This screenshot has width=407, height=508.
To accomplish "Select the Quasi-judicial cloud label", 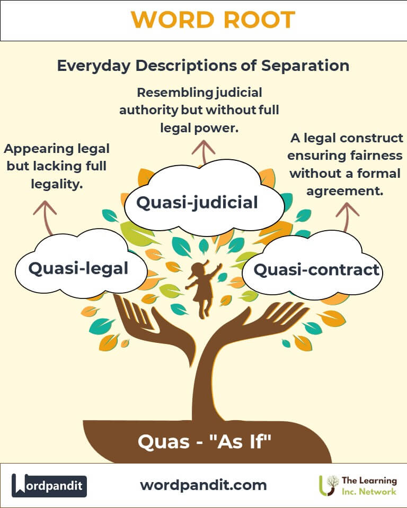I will pos(197,202).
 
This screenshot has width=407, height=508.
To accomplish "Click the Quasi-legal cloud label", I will pos(78,268).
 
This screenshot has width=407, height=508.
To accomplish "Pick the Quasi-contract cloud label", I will pos(316,270).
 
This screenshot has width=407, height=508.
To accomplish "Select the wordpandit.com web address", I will pos(203,485).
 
